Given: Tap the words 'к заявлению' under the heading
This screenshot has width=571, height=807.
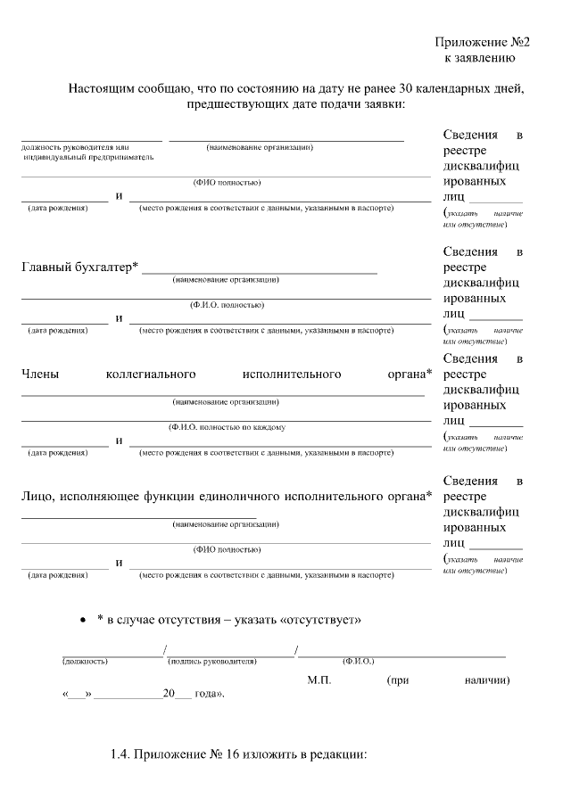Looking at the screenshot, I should pos(480,58).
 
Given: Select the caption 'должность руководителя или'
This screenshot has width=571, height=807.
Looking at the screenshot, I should pos(76,146).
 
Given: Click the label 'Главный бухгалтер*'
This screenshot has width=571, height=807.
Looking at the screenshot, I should pos(79,267).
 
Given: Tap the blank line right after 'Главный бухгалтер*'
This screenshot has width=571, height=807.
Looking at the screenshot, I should pos(259,269).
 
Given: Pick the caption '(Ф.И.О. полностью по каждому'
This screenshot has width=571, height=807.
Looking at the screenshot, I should pos(227,427).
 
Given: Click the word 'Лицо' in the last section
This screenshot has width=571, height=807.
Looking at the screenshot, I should pos(37,497).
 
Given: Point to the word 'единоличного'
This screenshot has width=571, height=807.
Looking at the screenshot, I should pos(240,497).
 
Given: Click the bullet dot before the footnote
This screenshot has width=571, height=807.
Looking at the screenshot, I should pos(83,619).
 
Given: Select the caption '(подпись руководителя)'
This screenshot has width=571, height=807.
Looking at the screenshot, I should pos(212,662).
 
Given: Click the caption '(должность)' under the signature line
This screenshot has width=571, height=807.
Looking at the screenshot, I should pos(86,662).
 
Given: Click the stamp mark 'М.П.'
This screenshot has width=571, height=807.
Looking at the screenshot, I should pos(319,680).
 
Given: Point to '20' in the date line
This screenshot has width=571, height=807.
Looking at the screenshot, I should pos(169,693).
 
